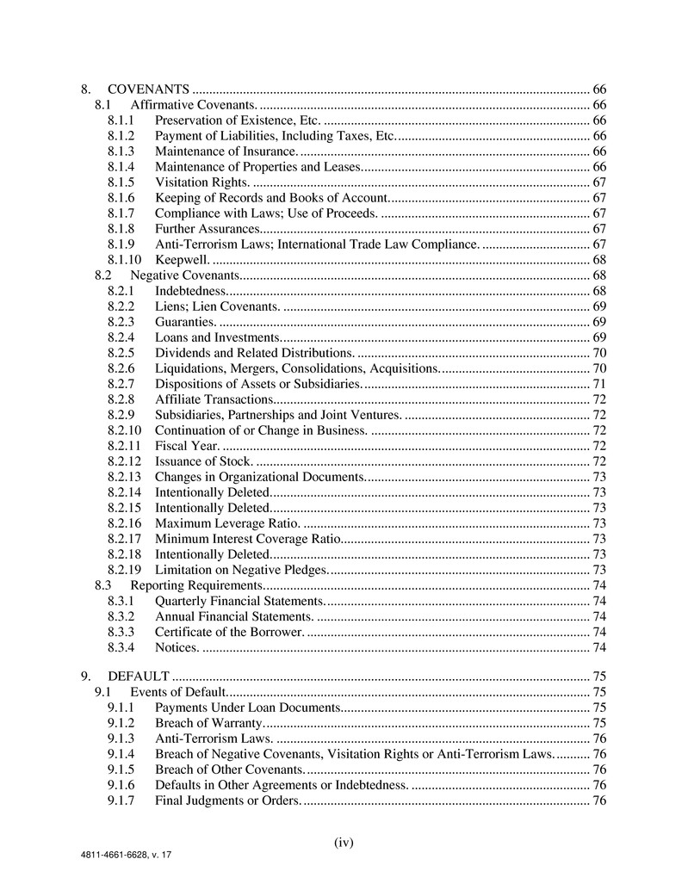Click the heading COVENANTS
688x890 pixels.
coord(148,90)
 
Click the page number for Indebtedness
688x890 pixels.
coord(600,291)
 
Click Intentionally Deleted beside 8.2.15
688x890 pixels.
coord(212,508)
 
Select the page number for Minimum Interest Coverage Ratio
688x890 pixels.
coord(600,539)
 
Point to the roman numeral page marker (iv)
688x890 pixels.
coord(344,843)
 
